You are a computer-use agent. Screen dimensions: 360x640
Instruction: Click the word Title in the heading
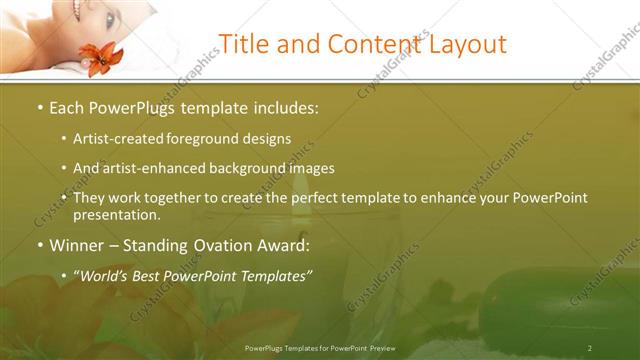(x=242, y=45)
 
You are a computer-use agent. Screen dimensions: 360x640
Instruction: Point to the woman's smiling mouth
(x=77, y=10)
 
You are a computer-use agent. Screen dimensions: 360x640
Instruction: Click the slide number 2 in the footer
(x=590, y=347)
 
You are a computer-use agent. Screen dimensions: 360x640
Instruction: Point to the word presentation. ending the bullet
(x=117, y=215)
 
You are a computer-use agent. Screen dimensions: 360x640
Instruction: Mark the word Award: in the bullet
(x=280, y=245)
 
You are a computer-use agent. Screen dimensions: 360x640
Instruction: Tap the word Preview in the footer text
(x=380, y=347)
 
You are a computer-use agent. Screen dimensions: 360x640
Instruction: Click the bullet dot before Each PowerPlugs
(x=39, y=106)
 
